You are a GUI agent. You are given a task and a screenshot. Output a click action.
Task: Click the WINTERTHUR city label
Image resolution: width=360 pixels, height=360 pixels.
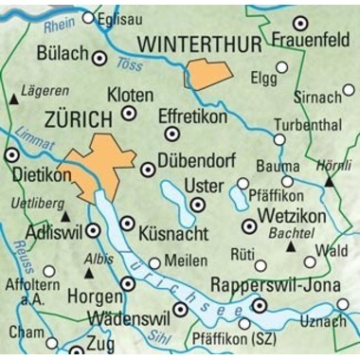point(201,44)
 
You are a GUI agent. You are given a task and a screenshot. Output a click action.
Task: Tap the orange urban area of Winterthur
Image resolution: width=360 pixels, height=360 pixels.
point(208,74)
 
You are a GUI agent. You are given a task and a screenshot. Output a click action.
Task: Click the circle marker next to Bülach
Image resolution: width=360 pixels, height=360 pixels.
point(99,57)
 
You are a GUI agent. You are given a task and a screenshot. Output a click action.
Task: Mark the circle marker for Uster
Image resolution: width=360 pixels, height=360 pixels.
point(197,204)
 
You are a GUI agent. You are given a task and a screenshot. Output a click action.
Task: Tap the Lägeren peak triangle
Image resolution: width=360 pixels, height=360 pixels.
point(14,99)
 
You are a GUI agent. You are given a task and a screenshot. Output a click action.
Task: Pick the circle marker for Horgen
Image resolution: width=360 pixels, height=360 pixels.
point(129,283)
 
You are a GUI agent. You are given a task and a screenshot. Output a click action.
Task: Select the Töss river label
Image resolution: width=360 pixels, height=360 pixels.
point(129,64)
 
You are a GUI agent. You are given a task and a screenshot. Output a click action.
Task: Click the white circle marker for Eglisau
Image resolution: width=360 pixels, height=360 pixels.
point(89,17)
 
